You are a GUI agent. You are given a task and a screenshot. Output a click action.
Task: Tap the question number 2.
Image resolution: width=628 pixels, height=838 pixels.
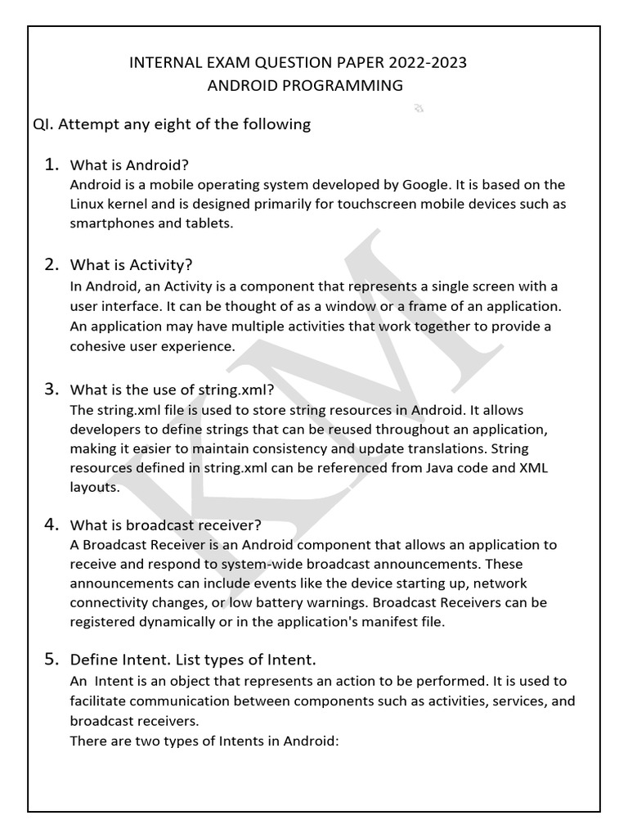tap(51, 264)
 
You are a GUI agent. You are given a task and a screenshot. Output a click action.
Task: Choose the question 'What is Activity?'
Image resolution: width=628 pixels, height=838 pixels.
tap(131, 265)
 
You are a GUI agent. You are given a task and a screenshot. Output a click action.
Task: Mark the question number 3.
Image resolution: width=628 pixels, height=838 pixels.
tap(51, 388)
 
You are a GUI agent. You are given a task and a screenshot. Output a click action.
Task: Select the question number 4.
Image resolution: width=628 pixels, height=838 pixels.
tap(51, 524)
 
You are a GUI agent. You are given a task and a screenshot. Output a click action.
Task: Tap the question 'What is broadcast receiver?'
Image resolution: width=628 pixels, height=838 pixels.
tap(166, 525)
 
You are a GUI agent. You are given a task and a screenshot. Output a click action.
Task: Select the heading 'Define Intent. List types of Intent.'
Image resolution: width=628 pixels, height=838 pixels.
tap(193, 660)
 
